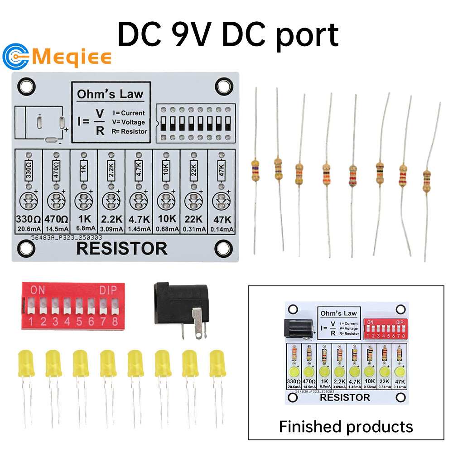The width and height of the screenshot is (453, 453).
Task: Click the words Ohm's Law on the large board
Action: click(x=110, y=94)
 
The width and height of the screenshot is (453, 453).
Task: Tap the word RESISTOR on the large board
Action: click(x=122, y=248)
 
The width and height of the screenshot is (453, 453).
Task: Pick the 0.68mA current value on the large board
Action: click(x=167, y=229)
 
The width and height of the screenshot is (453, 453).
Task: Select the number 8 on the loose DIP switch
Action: click(x=115, y=322)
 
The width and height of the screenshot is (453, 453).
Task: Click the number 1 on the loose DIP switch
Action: click(x=31, y=322)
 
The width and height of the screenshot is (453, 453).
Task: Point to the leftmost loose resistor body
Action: click(x=255, y=169)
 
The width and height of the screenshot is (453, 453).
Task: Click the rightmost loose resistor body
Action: click(x=426, y=180)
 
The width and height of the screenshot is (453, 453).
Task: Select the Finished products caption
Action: click(x=346, y=426)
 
